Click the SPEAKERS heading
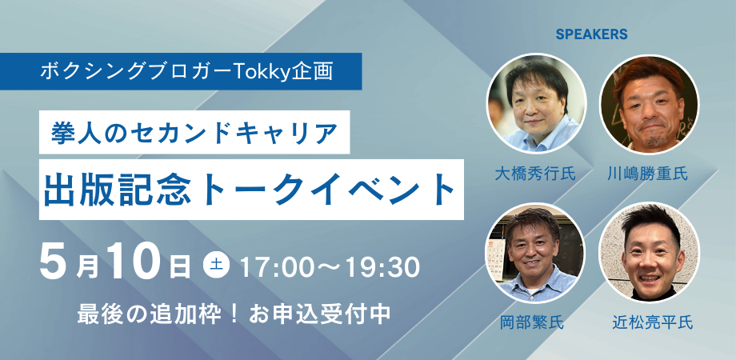point(591,34)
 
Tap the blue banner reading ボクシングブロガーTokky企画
point(186,71)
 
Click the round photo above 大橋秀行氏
point(536,103)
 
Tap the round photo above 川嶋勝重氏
point(648,103)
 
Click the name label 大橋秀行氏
point(536,174)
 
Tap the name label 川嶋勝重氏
point(648,174)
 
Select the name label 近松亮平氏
point(648,323)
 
